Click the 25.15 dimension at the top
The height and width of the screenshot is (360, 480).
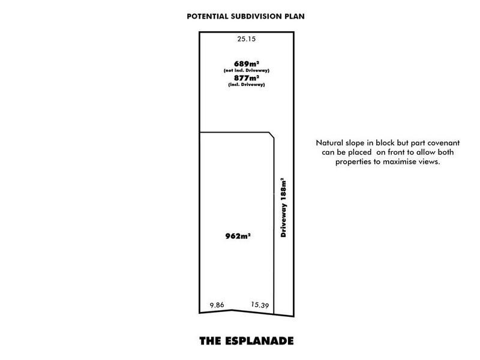coord(247,39)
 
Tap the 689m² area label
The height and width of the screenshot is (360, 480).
coord(247,64)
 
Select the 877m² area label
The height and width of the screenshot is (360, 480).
coord(247,78)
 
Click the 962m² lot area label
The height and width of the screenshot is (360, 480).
coord(238,236)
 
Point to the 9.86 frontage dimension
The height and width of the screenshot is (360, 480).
coord(217,305)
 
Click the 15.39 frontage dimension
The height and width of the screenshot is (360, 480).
coord(260,305)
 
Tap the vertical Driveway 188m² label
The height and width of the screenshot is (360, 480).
coord(283,208)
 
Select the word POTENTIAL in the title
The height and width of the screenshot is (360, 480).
coord(208,17)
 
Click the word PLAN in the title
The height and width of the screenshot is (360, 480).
coord(295,17)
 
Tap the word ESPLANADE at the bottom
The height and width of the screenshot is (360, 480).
coord(259,341)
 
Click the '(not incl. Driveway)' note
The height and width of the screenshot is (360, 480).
coord(247,70)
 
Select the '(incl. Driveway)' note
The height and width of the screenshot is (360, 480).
coord(247,85)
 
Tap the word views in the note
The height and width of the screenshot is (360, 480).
coord(431,161)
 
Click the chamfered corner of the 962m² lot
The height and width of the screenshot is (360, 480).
coord(271,136)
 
